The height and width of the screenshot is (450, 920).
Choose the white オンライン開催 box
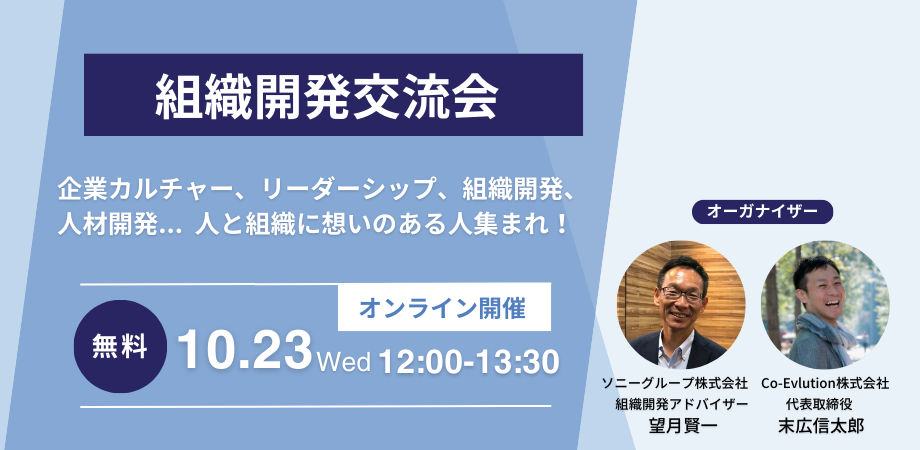444,309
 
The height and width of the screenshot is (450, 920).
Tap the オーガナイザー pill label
761,211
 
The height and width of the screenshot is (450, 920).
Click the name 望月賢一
683,425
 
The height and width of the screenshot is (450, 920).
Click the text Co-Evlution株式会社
825,383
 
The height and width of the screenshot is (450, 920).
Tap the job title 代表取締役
825,404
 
